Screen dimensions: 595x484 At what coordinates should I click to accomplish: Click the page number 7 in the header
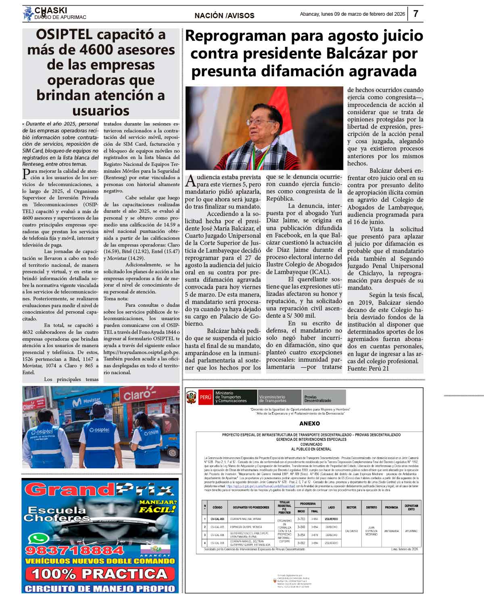point(415,14)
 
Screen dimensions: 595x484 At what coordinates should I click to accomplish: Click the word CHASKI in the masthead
point(51,10)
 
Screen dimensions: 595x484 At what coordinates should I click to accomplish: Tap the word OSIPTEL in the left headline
point(64,35)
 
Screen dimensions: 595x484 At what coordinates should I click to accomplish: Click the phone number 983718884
point(75,550)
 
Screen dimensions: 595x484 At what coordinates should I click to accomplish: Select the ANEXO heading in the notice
point(309,423)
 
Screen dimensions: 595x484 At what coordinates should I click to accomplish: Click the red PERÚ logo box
point(205,397)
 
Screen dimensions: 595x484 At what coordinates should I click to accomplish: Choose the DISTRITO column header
point(371,507)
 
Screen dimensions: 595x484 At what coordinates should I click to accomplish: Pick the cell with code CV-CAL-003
point(217,519)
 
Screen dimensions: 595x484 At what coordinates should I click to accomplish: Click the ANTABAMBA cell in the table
point(391,531)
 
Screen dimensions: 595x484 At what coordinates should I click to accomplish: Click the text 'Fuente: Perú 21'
point(368,368)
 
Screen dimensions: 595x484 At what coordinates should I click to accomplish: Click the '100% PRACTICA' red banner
point(100,574)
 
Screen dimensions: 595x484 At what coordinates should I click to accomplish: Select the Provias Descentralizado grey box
point(324,398)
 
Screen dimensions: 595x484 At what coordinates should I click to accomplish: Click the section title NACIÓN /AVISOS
point(224,15)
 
